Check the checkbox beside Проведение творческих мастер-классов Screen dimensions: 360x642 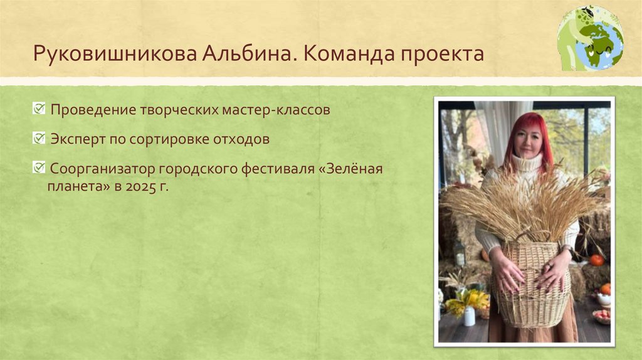click(x=39, y=109)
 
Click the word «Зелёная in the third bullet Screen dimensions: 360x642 click(x=354, y=169)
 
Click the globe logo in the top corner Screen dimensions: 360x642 click(x=590, y=38)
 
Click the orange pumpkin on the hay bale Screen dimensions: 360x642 click(x=596, y=260)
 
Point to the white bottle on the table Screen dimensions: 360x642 click(x=469, y=316)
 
